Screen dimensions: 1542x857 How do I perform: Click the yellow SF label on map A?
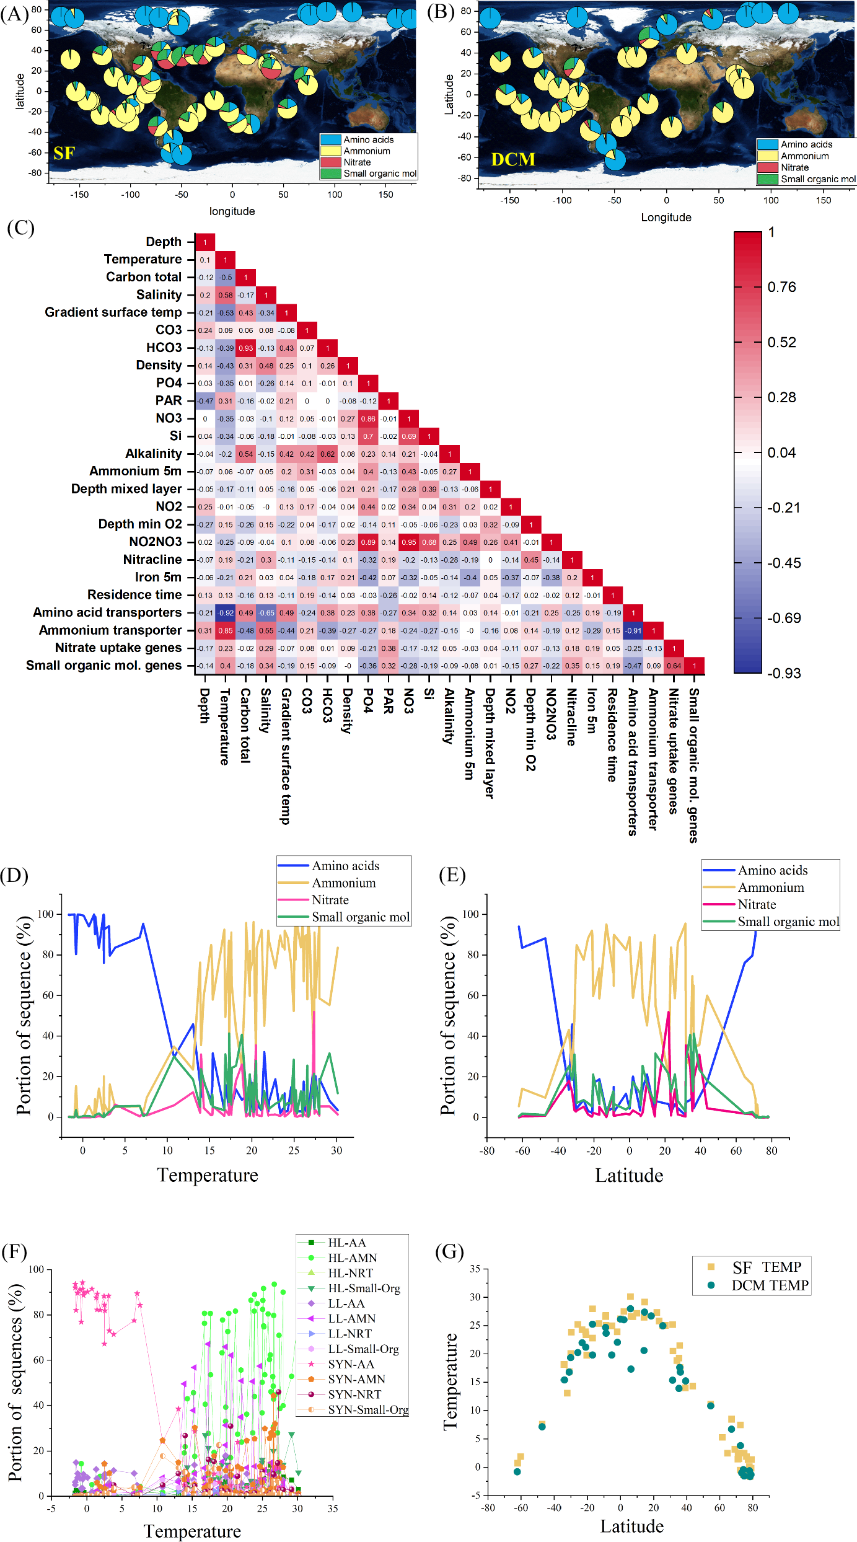coord(64,153)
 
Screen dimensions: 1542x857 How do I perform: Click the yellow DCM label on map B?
coord(512,159)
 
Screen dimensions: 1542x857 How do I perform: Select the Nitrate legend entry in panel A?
coord(357,162)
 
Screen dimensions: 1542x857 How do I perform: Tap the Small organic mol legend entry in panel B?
coord(817,179)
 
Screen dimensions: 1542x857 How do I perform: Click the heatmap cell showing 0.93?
coord(246,348)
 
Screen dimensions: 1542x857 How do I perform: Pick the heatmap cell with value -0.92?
coord(226,613)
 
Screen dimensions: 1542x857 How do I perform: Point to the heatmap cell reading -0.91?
coord(633,630)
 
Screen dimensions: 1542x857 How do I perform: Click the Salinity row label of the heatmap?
coord(159,295)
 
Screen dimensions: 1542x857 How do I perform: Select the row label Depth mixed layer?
coord(126,489)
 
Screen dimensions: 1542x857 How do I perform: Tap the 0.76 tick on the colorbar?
coord(781,287)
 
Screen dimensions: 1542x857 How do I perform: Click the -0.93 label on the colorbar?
coord(784,673)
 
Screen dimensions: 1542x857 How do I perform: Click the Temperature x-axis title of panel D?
coord(208,1175)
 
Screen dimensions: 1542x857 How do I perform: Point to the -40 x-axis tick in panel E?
coord(558,1151)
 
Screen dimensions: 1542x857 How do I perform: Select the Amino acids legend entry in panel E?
coord(772,870)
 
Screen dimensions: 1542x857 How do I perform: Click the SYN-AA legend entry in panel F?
coord(351,1364)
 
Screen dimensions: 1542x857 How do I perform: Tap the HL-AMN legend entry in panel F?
coord(352,1258)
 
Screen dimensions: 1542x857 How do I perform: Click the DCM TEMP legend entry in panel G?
coord(769,1285)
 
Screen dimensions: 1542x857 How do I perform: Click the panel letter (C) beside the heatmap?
coord(20,227)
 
